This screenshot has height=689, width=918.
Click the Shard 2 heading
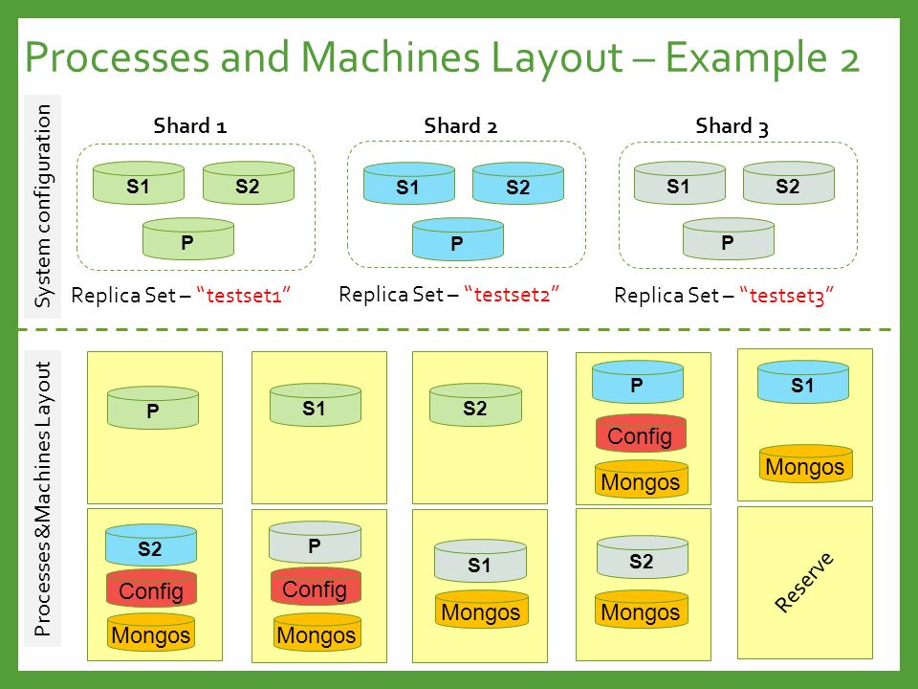460,126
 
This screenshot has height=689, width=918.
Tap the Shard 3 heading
732,126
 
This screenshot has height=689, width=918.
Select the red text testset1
244,295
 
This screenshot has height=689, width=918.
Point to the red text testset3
787,296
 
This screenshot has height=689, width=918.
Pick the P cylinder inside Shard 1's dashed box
188,238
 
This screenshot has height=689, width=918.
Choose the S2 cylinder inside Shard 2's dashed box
518,184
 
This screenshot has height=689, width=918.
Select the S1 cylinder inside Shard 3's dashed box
680,184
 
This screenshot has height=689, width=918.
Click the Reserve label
804,582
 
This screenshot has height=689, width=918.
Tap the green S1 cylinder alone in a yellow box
316,405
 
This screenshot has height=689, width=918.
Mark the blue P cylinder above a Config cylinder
638,382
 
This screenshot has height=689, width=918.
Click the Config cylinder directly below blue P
641,433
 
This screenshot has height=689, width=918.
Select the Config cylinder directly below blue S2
151,588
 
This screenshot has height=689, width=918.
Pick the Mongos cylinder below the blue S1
805,464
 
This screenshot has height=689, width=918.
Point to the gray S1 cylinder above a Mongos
480,562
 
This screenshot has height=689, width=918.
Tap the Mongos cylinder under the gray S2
641,610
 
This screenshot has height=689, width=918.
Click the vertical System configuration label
43,207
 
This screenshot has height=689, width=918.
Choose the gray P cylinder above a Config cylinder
315,543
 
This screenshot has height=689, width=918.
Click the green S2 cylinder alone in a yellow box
475,405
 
